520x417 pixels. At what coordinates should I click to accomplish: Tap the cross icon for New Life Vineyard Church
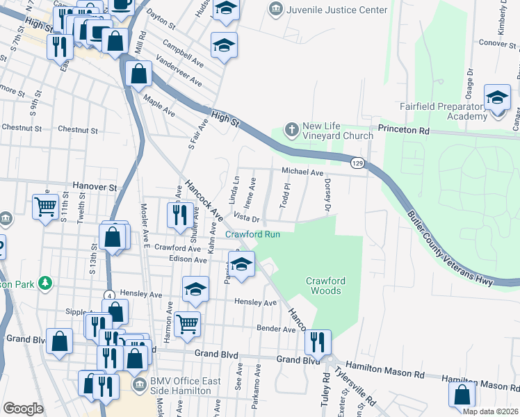coord(292,129)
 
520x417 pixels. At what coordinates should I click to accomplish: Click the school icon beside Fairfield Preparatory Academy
coord(497,99)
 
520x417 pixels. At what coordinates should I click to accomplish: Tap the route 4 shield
coord(109,295)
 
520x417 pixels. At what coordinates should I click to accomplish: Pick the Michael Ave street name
coord(302,172)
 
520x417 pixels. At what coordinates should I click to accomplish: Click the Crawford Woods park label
coord(325,286)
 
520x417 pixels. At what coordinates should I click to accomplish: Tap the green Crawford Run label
coord(253,234)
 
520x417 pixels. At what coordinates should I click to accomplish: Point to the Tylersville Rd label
coord(356,386)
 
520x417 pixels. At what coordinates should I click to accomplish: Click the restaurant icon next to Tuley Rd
coord(318,341)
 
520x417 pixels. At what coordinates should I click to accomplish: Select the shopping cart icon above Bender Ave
coord(187,323)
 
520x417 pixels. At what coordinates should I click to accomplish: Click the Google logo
coord(23,409)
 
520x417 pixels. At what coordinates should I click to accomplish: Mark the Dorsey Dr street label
coord(327,195)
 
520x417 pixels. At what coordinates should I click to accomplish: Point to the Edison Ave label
coord(188,260)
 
